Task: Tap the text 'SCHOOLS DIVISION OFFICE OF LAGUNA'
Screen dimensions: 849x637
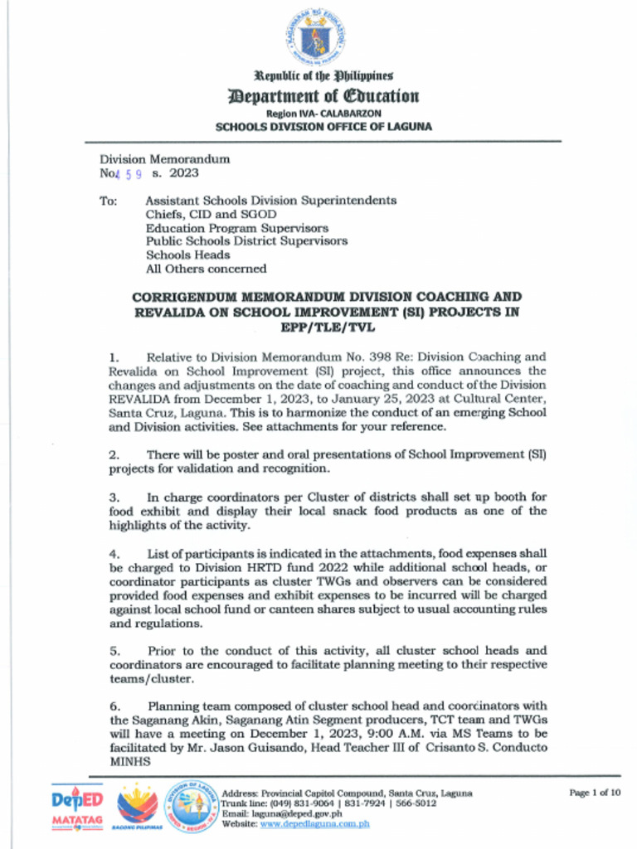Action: click(x=323, y=127)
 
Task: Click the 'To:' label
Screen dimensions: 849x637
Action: click(x=109, y=201)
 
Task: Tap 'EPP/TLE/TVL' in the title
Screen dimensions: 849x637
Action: click(x=323, y=327)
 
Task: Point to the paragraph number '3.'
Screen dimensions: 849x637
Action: click(x=114, y=497)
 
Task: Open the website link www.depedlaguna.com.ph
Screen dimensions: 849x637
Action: click(x=315, y=824)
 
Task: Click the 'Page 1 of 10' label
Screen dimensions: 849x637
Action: click(x=595, y=793)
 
